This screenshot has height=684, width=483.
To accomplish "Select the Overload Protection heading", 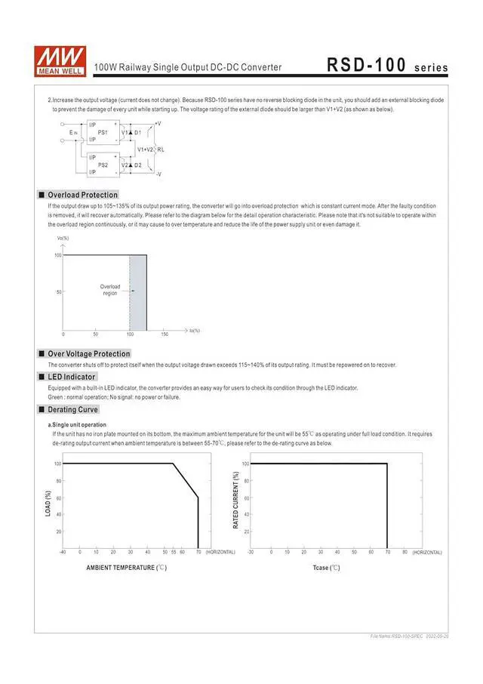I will coord(82,195).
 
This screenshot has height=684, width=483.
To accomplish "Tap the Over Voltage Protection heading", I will coord(88,353).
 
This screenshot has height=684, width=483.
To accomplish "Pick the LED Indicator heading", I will coord(71,377).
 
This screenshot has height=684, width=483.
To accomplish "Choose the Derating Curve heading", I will coord(72,409).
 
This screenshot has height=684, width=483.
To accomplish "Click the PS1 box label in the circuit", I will coord(103,132).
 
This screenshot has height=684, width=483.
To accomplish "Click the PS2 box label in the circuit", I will coord(103,165).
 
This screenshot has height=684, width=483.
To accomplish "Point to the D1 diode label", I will coord(138,132).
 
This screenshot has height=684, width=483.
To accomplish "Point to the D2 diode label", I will coord(138,165).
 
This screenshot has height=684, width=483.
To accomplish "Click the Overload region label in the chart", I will coord(110,289).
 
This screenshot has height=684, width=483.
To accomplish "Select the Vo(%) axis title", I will coord(63,238).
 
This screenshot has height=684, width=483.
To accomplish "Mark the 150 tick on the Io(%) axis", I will coord(165,333).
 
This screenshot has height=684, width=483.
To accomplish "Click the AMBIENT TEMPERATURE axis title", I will coord(126,567).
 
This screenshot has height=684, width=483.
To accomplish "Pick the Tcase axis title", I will coord(327,567).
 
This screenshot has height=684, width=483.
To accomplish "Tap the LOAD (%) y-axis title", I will coord(48,504).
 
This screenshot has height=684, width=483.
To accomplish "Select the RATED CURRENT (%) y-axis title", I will coord(236,500).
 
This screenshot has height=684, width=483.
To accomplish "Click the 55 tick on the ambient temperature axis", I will coord(174,552).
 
